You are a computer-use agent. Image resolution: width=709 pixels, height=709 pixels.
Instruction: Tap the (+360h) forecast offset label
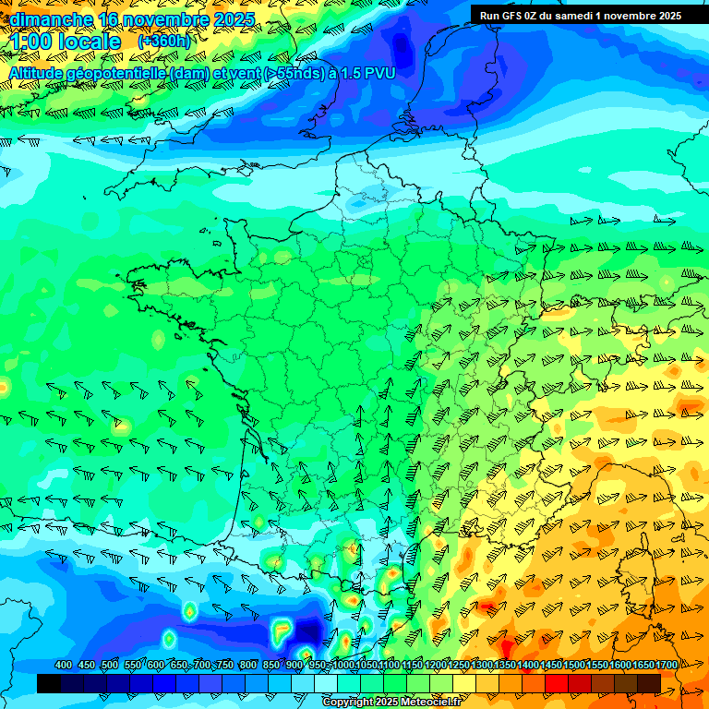point(164,42)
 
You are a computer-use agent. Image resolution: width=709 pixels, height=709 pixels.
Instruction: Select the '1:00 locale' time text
point(65,42)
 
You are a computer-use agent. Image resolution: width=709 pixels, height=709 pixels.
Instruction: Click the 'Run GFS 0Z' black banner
point(580,15)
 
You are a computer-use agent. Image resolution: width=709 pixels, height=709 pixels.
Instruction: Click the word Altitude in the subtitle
point(40,73)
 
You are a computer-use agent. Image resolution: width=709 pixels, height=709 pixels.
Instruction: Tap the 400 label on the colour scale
point(64,666)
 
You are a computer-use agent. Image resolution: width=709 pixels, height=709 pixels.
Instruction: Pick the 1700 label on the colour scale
point(666,666)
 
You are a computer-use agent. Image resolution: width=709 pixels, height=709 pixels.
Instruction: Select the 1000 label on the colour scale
point(342,666)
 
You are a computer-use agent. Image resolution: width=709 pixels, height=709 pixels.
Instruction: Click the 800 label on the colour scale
point(247,666)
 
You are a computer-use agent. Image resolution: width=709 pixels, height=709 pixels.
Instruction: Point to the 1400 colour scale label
point(528,666)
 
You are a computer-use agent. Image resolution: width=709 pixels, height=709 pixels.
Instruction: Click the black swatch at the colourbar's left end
point(49,683)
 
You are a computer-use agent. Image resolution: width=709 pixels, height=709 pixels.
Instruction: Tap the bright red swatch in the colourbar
point(557,683)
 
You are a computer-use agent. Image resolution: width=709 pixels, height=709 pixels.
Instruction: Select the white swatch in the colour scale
point(326,683)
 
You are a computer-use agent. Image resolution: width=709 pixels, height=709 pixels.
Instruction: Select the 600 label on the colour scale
point(156,666)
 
